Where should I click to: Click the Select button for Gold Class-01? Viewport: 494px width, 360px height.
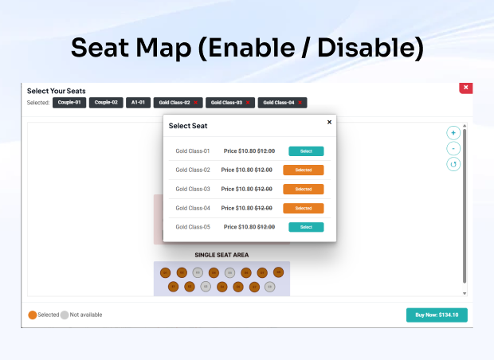point(306,151)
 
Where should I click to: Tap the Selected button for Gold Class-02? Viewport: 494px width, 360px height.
point(303,170)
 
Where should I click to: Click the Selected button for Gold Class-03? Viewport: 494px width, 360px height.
point(303,189)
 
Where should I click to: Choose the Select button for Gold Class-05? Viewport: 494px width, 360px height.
point(306,227)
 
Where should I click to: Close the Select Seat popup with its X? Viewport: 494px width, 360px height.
point(329,122)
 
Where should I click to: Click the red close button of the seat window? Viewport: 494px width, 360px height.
point(466,87)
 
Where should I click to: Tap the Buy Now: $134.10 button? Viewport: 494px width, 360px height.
point(437,315)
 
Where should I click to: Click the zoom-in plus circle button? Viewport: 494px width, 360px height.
point(453,133)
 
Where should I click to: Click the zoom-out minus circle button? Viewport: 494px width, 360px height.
point(453,148)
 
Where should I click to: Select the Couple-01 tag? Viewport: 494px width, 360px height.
point(69,103)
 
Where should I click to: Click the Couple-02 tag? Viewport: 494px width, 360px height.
point(106,103)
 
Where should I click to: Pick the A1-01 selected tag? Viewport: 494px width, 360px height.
point(139,103)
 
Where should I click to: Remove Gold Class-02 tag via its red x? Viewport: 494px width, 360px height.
point(196,103)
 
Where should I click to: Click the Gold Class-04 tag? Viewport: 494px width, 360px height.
point(279,103)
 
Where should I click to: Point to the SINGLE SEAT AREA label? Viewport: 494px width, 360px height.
point(222,255)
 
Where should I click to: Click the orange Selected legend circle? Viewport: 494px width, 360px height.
point(33,315)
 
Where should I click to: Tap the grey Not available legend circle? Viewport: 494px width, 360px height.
point(65,315)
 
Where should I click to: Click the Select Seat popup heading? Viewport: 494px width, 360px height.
point(188,126)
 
